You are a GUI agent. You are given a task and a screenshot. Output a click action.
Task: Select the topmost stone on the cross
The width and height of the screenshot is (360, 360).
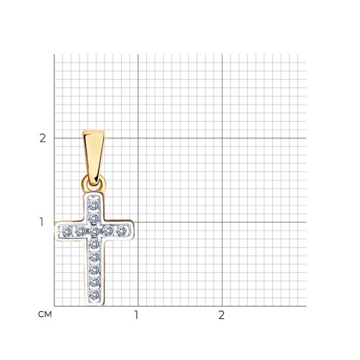coord(94,204)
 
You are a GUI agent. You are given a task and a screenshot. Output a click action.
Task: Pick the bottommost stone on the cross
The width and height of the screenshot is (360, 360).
coord(94,295)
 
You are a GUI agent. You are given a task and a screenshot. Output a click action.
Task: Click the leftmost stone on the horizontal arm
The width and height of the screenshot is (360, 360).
coord(67,232)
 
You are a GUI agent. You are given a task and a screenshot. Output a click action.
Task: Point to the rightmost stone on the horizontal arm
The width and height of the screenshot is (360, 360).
coord(122,231)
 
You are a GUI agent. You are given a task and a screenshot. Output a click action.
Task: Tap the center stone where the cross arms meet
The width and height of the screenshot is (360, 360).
coord(94,231)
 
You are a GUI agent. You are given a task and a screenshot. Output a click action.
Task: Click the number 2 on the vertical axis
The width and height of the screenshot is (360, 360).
coord(42,138)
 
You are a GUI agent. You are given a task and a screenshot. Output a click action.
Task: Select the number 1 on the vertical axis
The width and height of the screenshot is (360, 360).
coord(42,222)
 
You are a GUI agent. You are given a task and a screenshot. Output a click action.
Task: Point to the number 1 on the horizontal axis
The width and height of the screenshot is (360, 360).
coord(136,315)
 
